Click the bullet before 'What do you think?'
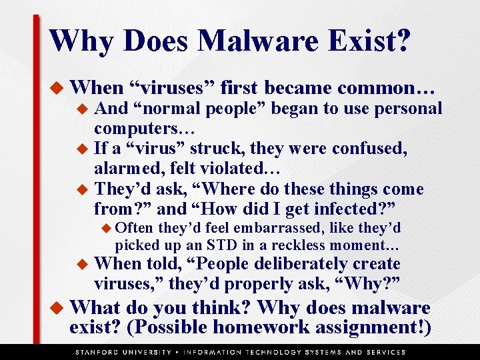point(57,309)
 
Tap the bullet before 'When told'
point(83,265)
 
